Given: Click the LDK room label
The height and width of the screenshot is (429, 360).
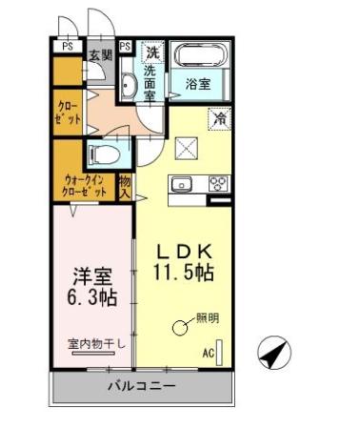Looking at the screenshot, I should click(x=185, y=251).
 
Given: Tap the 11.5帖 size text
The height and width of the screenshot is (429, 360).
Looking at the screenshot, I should click(x=185, y=272).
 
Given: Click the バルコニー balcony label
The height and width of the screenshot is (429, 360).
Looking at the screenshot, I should click(x=141, y=386).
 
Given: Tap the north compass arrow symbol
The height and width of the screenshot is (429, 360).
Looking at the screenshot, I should click(x=274, y=355).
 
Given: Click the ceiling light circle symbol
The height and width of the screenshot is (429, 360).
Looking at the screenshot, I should click(x=181, y=328).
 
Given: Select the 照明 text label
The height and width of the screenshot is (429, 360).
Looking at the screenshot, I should click(x=208, y=318).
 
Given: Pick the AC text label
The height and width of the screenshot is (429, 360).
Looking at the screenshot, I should click(x=208, y=353).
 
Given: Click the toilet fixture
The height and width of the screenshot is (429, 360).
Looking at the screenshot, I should click(x=101, y=154).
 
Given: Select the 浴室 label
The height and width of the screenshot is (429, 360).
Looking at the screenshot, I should click(x=198, y=84).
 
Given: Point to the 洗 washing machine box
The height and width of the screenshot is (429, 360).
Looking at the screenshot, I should click(x=152, y=51).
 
